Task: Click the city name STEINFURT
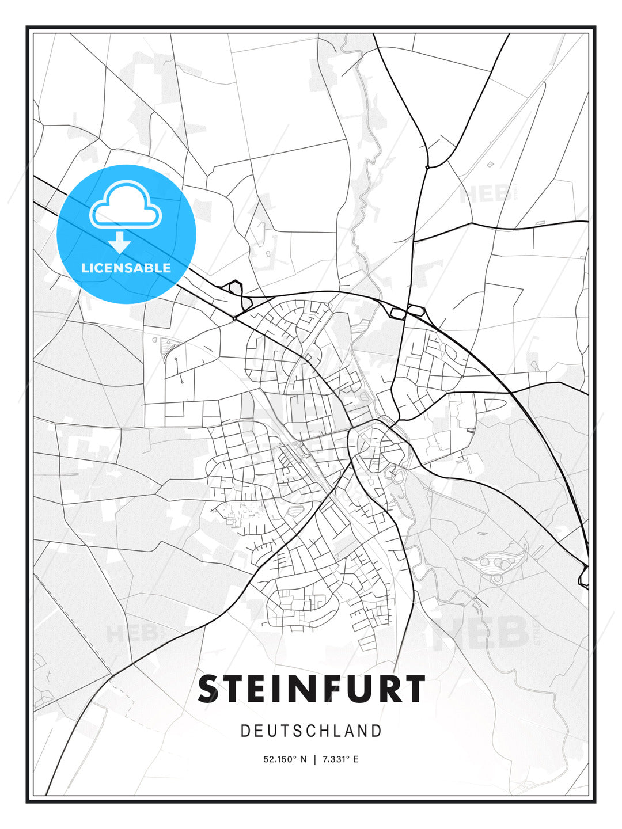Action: [312, 689]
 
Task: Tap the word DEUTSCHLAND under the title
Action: [312, 731]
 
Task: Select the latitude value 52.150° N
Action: [285, 759]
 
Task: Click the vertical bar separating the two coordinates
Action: [314, 759]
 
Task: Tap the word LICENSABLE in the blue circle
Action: [126, 268]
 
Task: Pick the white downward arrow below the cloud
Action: [120, 243]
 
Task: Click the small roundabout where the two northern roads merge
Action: [427, 167]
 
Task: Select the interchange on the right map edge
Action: [584, 576]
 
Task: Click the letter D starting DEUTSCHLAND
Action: [245, 731]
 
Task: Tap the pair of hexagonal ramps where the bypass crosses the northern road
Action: [406, 311]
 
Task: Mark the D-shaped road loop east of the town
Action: [492, 405]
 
